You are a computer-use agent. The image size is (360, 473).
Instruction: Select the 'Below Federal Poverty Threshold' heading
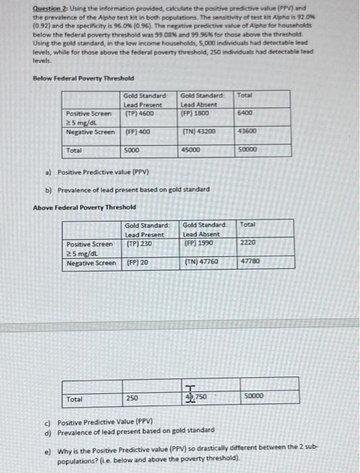coord(83,78)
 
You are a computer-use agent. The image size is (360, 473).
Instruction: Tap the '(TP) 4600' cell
coord(138,113)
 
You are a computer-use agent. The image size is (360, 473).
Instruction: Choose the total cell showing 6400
coord(246,113)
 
